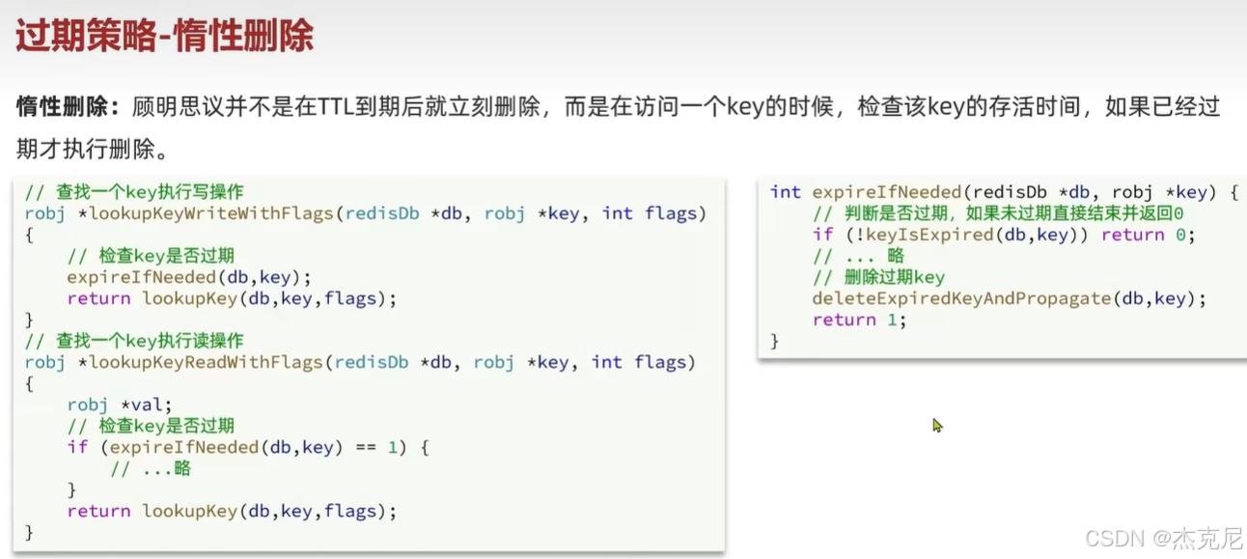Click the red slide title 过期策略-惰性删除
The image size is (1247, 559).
tap(164, 37)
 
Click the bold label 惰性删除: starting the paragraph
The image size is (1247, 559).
tap(68, 107)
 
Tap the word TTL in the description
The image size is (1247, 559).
tap(337, 107)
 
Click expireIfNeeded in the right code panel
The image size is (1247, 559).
tap(887, 192)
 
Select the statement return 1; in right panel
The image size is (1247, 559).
tap(859, 320)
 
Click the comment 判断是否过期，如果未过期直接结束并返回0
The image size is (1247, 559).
tap(998, 213)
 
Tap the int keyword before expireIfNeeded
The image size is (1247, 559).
tap(786, 192)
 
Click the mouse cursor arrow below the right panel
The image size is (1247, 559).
tap(937, 425)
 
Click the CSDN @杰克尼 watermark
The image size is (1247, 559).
tap(1162, 539)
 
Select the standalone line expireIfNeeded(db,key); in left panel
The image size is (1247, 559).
tap(189, 277)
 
